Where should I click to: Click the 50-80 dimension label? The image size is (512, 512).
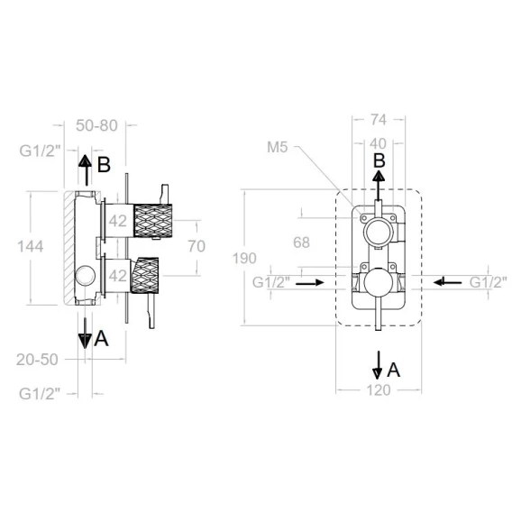pyautogui.click(x=96, y=125)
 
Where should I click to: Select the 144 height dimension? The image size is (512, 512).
pyautogui.click(x=30, y=246)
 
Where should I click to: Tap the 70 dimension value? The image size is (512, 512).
pyautogui.click(x=197, y=246)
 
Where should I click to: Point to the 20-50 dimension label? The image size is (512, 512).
pyautogui.click(x=37, y=360)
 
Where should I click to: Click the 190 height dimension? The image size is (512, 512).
pyautogui.click(x=244, y=259)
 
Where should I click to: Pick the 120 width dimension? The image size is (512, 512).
pyautogui.click(x=379, y=390)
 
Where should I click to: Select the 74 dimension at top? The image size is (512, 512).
pyautogui.click(x=379, y=120)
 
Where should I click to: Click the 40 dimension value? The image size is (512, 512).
pyautogui.click(x=378, y=143)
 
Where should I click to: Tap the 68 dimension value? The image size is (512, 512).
pyautogui.click(x=301, y=242)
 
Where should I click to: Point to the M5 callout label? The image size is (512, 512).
pyautogui.click(x=278, y=147)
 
